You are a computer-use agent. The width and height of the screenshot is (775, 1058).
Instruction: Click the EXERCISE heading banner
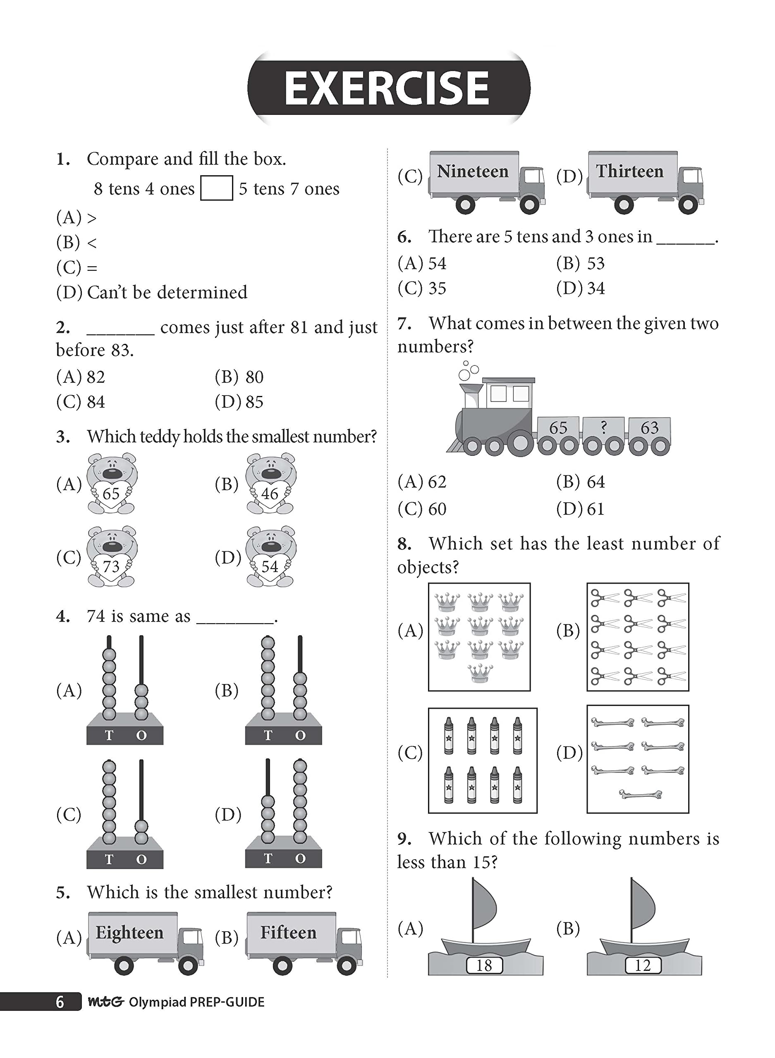(x=388, y=88)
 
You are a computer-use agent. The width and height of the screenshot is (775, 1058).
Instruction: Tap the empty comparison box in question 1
(x=216, y=188)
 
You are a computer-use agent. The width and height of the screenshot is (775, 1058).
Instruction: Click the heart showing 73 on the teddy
(x=111, y=566)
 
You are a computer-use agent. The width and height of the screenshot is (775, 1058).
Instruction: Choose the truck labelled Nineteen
(x=486, y=181)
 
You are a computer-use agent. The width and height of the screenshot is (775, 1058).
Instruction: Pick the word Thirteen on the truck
(x=629, y=172)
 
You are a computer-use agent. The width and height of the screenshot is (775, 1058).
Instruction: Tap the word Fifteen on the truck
(x=288, y=932)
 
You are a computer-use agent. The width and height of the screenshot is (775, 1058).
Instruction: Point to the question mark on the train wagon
(x=603, y=427)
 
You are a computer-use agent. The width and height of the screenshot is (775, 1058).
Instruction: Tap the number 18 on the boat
(x=484, y=965)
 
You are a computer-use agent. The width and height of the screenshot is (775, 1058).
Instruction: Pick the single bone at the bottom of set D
(x=640, y=794)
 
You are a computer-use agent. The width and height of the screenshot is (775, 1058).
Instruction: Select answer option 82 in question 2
(x=95, y=377)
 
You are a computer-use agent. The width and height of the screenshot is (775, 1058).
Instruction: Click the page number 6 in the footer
(x=60, y=1002)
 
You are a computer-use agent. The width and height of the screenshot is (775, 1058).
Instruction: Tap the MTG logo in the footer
(x=106, y=1002)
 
